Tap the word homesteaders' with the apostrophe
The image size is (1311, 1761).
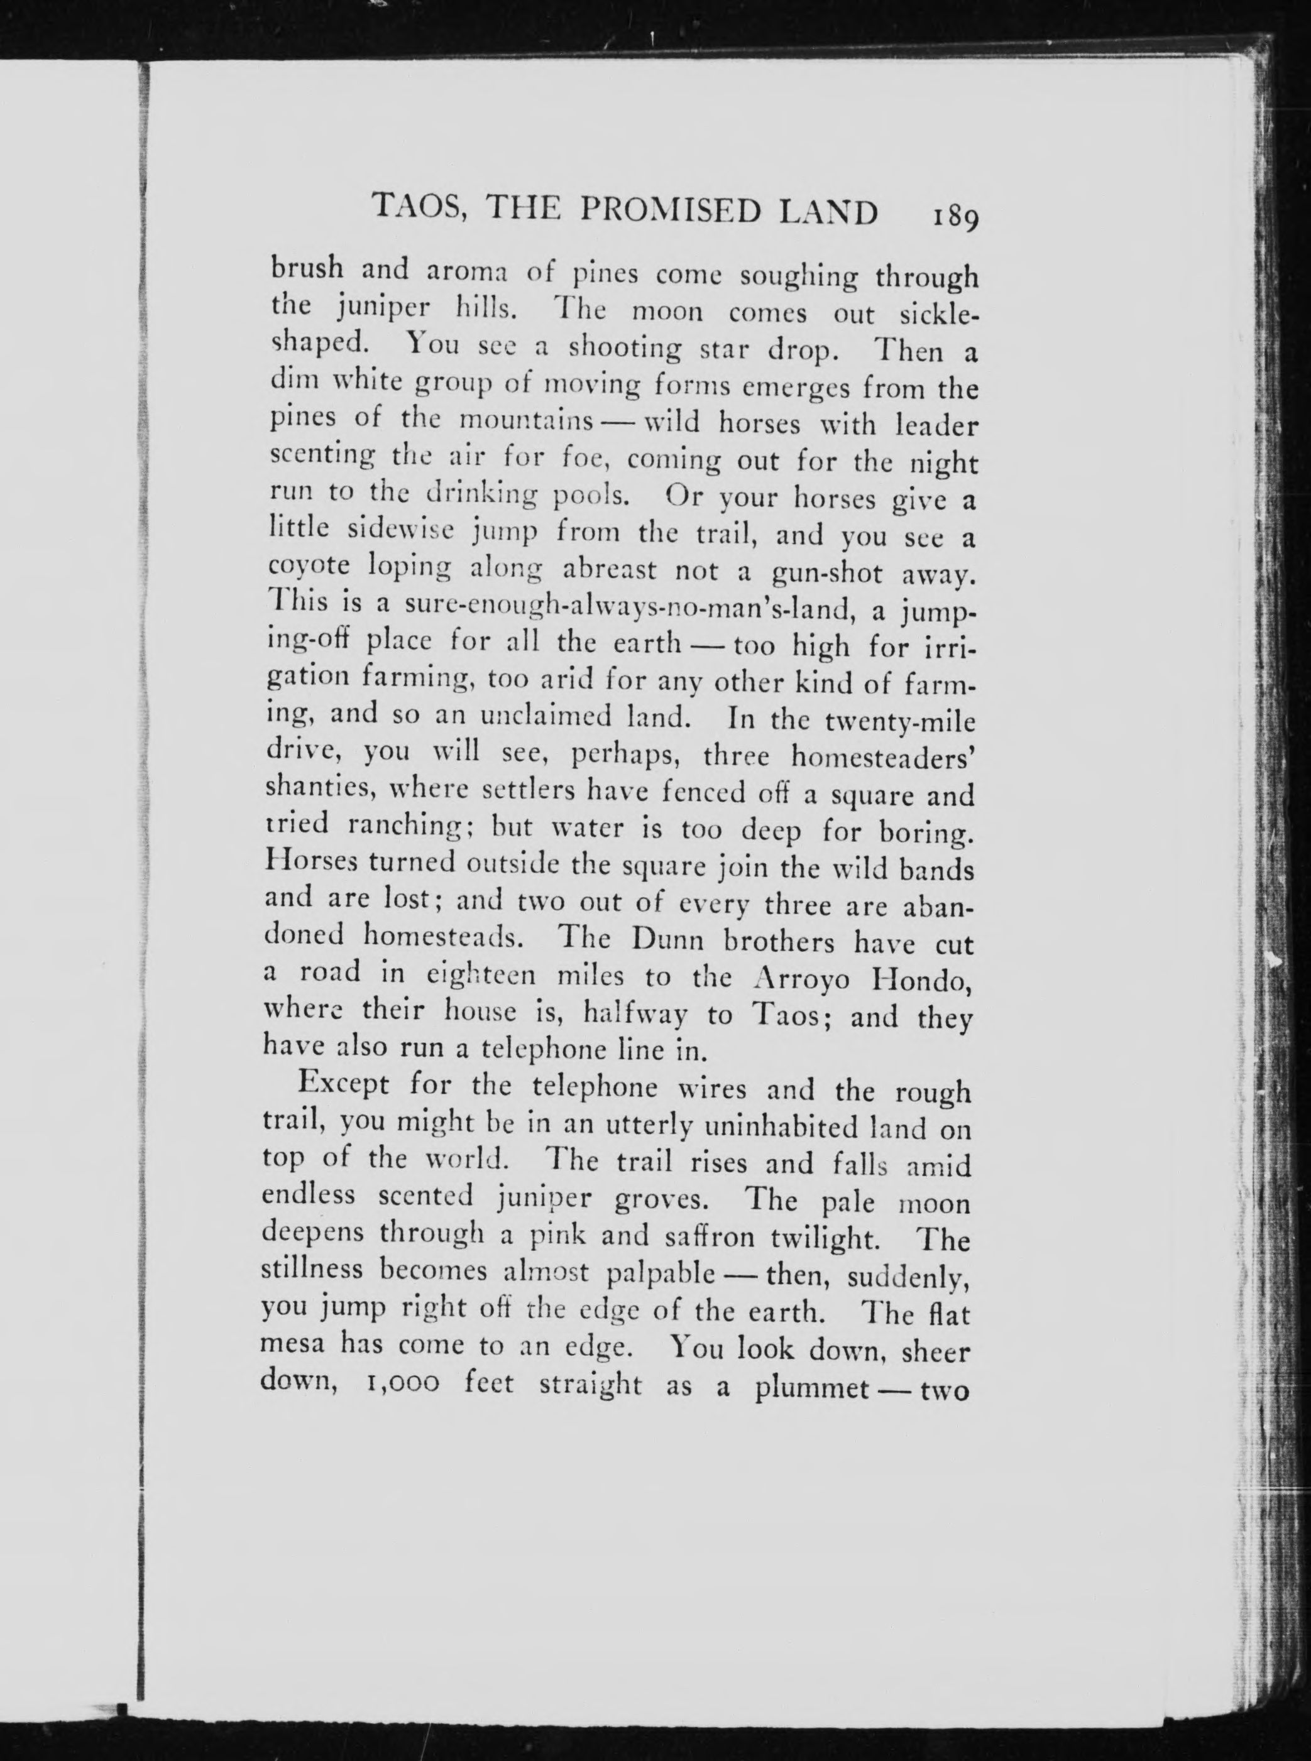click(x=882, y=758)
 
